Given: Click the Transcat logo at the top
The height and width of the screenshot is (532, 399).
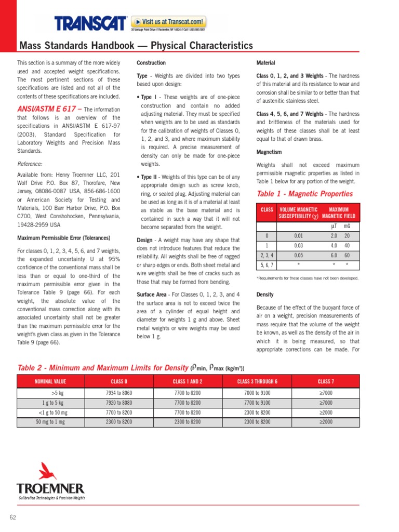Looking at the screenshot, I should pyautogui.click(x=91, y=23).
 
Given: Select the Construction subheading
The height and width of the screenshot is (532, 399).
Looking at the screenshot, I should pyautogui.click(x=151, y=63).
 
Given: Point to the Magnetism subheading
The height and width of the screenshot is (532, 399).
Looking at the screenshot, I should pyautogui.click(x=269, y=152).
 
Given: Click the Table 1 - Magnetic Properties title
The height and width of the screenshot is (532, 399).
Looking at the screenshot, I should pyautogui.click(x=305, y=194).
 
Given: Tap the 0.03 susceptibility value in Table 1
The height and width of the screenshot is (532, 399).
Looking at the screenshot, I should pyautogui.click(x=298, y=245).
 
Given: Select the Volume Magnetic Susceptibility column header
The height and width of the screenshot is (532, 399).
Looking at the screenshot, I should pyautogui.click(x=298, y=212).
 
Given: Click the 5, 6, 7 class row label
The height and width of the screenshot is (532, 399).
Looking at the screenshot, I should pyautogui.click(x=267, y=264).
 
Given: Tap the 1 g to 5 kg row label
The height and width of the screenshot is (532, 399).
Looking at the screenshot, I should pyautogui.click(x=53, y=403).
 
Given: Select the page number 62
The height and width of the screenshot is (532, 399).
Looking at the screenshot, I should pyautogui.click(x=13, y=517).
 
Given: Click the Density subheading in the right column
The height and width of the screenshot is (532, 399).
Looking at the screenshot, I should pyautogui.click(x=265, y=295).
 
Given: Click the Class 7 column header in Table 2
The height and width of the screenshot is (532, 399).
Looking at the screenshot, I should pyautogui.click(x=326, y=382).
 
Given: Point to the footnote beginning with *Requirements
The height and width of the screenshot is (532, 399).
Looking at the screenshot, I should pyautogui.click(x=308, y=278).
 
